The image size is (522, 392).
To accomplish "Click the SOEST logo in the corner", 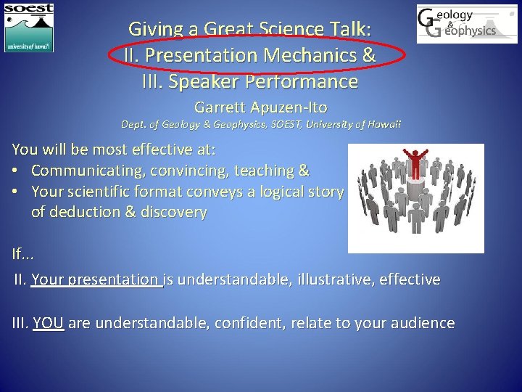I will click(29, 27).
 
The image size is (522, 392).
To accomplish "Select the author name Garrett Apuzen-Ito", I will click(260, 107).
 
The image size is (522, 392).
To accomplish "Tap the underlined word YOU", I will click(49, 323).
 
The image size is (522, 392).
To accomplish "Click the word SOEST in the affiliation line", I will click(270, 125).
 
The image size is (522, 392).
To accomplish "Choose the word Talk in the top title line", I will click(348, 29).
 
